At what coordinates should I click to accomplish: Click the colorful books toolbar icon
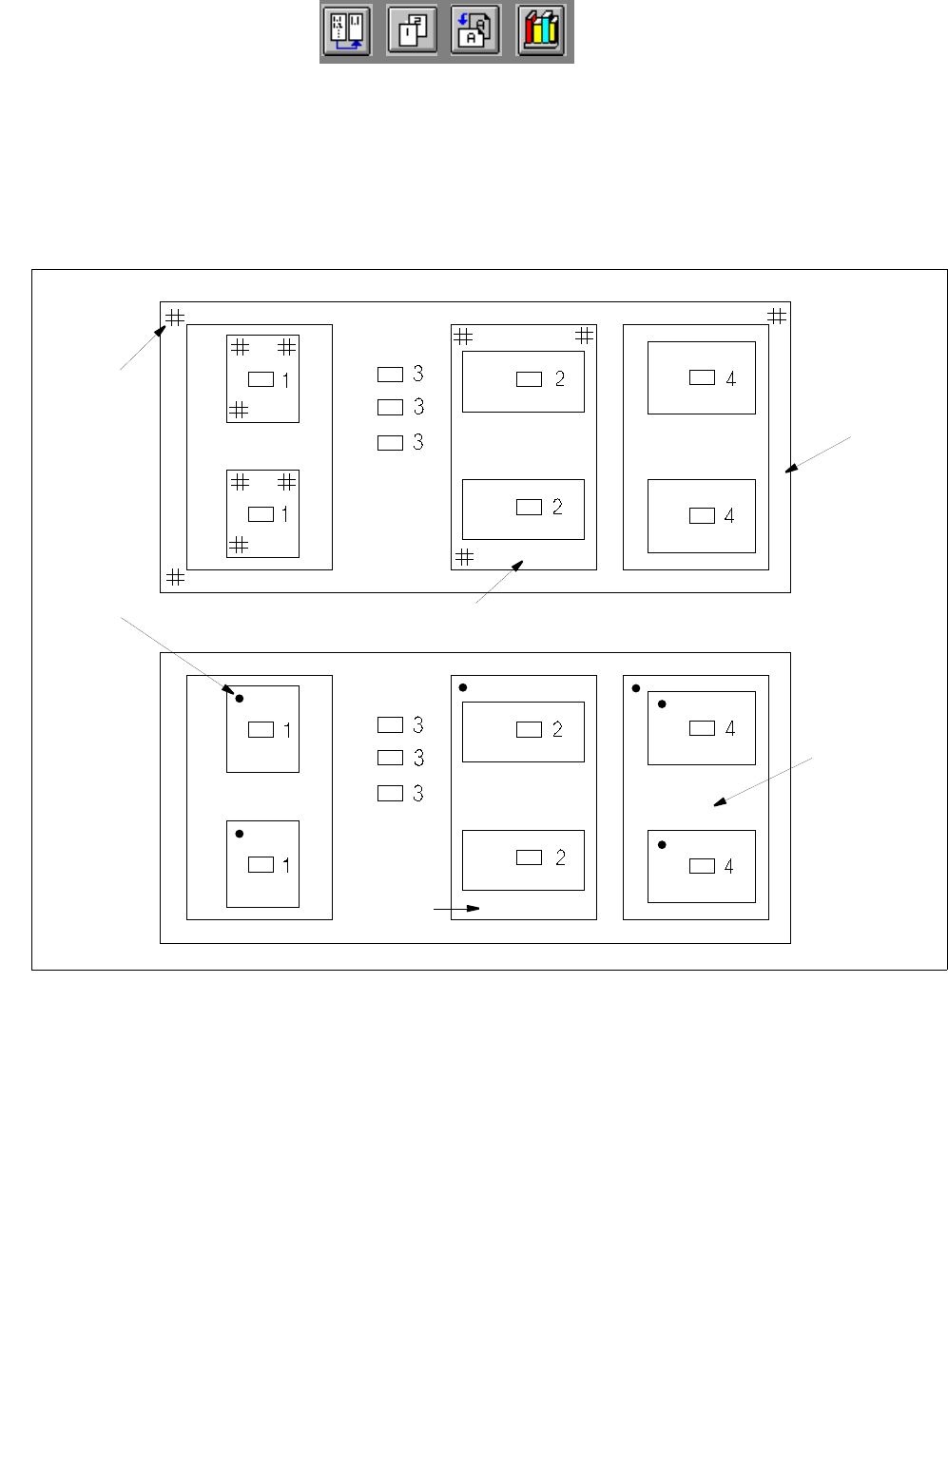point(542,31)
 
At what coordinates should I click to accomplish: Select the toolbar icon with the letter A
point(475,31)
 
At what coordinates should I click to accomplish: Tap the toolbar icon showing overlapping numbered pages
point(413,31)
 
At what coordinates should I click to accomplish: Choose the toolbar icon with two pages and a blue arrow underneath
point(347,31)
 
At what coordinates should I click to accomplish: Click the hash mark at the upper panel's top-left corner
point(175,318)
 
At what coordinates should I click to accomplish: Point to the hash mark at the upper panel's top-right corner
point(777,316)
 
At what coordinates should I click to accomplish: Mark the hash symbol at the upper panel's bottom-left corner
point(176,577)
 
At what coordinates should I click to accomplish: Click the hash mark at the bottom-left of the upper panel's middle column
point(464,557)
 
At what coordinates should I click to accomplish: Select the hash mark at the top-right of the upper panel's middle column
point(585,336)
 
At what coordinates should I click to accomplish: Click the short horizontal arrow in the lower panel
point(457,909)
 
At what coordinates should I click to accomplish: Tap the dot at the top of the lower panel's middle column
point(463,687)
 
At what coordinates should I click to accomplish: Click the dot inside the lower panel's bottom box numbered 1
point(240,834)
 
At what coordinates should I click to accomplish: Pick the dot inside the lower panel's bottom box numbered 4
point(662,844)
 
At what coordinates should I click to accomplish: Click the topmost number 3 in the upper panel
point(418,374)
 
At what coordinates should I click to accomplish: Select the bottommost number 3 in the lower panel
point(418,793)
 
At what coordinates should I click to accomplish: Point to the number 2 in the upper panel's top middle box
point(559,378)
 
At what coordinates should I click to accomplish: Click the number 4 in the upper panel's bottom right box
point(729,515)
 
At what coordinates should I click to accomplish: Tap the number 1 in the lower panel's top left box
point(286,730)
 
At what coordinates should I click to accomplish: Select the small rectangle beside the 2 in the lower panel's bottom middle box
point(529,857)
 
